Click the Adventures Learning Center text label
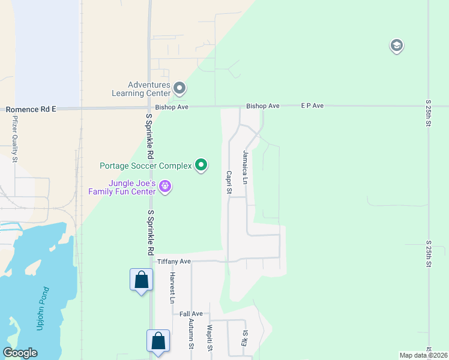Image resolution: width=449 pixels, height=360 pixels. coord(140,89)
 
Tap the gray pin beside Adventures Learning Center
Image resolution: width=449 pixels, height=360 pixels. coord(179,89)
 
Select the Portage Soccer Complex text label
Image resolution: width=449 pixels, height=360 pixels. coord(145,165)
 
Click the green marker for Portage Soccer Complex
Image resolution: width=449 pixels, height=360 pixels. coord(202,165)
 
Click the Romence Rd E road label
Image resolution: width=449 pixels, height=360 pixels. coord(31,110)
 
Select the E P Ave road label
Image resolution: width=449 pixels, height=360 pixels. coord(312,106)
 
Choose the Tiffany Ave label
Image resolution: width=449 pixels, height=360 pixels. coord(173,262)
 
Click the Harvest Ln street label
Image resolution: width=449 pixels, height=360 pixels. coord(172,287)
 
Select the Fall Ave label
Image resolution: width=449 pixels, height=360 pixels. coord(191,314)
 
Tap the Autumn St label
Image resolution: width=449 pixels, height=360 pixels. coord(191,334)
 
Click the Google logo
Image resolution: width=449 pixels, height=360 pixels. coord(20,353)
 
